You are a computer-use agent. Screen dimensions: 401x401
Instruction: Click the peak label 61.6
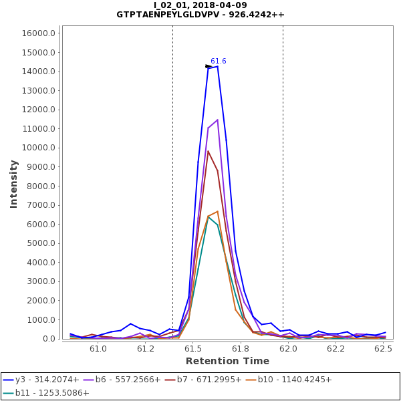click(x=219, y=61)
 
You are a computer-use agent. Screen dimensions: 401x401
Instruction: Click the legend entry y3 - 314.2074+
click(x=47, y=380)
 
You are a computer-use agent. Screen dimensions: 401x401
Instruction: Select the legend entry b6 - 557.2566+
click(x=128, y=380)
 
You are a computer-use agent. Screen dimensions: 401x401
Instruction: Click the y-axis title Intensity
click(x=14, y=183)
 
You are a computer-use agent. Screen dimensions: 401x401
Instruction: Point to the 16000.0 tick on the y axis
click(x=39, y=33)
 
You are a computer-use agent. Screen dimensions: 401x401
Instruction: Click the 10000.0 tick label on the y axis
click(x=39, y=148)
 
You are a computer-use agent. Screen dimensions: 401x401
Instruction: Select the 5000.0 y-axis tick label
click(x=41, y=243)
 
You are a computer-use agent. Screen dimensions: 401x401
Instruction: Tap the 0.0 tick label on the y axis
click(x=47, y=339)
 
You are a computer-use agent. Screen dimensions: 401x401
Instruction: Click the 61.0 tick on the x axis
click(x=98, y=349)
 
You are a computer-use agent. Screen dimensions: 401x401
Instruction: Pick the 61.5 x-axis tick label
click(x=193, y=349)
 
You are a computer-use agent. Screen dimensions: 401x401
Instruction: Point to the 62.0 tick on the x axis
click(x=289, y=349)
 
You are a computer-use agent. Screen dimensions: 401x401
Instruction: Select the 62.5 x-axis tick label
click(x=384, y=349)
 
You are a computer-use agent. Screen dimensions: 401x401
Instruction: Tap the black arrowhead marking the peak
click(x=209, y=66)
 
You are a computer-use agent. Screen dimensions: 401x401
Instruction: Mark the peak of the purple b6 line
click(x=217, y=120)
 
